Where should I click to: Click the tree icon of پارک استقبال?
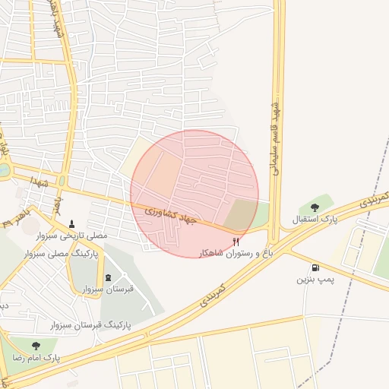pyautogui.click(x=315, y=207)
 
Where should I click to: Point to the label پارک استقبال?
pyautogui.click(x=315, y=220)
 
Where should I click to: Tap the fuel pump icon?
pyautogui.click(x=315, y=267)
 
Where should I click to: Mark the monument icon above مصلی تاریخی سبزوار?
pyautogui.click(x=72, y=223)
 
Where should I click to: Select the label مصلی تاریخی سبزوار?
pyautogui.click(x=72, y=237)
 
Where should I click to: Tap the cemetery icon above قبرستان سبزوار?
pyautogui.click(x=107, y=276)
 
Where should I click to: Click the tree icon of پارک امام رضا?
pyautogui.click(x=36, y=346)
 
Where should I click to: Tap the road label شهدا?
pyautogui.click(x=40, y=182)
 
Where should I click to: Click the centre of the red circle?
pyautogui.click(x=195, y=194)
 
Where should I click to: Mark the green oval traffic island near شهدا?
pyautogui.click(x=62, y=182)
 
